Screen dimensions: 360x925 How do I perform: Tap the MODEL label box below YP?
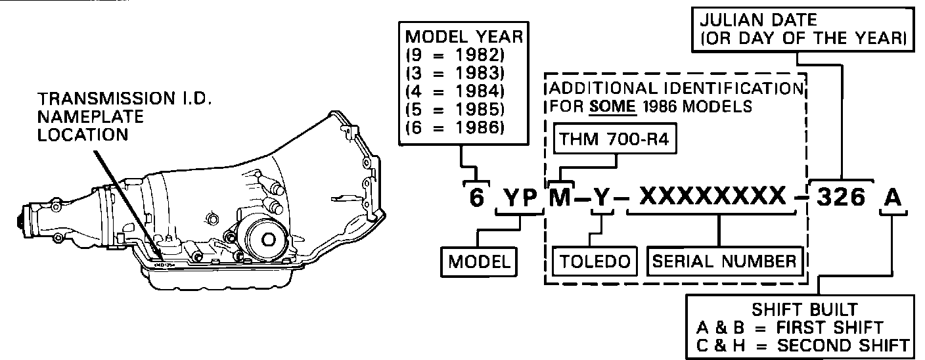[479, 261]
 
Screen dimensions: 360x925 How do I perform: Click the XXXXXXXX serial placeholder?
[713, 196]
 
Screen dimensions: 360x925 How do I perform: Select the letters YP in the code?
[520, 197]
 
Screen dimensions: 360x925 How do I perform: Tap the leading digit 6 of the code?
[476, 197]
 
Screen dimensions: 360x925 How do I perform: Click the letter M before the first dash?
[560, 196]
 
